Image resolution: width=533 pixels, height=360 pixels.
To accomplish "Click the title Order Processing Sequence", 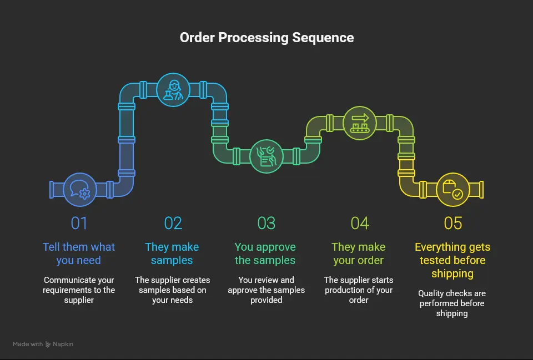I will coord(266,38).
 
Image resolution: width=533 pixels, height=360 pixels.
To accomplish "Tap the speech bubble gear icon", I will coord(80,189).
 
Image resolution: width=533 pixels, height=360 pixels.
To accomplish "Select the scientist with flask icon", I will coord(173,90).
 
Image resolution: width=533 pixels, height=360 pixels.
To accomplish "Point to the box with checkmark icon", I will coord(452,189).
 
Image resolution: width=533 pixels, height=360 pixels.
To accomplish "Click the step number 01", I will coord(79,223).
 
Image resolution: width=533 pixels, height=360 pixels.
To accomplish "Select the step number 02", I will coord(173,223).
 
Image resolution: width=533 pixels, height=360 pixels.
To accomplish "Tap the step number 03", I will coord(266,223).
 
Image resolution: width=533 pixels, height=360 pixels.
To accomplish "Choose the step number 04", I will coord(359,223).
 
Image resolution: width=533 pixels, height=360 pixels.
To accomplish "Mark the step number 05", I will coord(452,223).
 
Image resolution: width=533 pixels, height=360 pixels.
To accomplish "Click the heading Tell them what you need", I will coord(79,253).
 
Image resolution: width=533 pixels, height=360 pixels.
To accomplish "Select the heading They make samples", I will coord(172,253).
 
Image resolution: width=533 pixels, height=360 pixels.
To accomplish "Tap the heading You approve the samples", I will coord(265,253).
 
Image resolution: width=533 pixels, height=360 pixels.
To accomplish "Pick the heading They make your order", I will coord(359,253).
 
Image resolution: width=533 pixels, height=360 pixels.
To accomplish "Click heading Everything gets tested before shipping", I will coord(452,260).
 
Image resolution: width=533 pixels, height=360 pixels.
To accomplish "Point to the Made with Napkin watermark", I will coord(43,344).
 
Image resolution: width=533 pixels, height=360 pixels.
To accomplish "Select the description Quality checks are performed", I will coord(452,303).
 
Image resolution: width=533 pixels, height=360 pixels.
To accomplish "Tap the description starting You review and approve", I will coord(266,290).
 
